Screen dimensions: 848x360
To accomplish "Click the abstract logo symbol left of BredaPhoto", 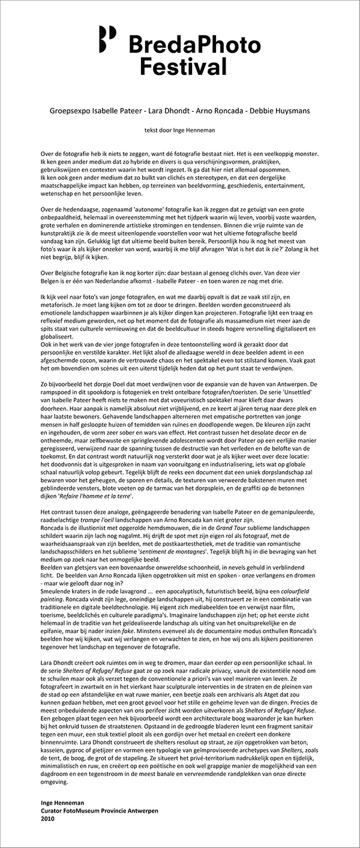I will point(107,37).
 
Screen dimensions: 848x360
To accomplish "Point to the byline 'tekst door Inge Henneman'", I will point(179,129).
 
